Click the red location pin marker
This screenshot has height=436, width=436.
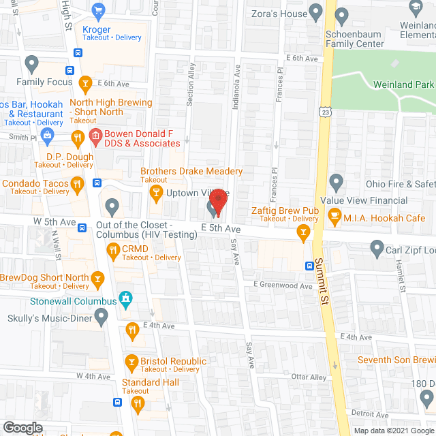click(x=218, y=200)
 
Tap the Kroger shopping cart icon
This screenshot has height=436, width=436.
click(x=99, y=11)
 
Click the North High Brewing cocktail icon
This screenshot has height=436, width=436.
click(x=85, y=84)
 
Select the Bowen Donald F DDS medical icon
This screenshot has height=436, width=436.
click(x=95, y=138)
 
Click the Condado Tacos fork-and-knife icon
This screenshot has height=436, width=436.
click(x=78, y=183)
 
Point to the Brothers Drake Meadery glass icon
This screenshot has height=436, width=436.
click(x=157, y=193)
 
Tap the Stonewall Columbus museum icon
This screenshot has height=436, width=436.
click(x=125, y=298)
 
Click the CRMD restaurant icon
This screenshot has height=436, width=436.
click(x=113, y=253)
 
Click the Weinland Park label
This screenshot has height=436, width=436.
click(x=403, y=85)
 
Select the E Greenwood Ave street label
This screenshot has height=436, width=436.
click(x=282, y=285)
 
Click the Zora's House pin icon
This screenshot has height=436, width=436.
click(x=315, y=11)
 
